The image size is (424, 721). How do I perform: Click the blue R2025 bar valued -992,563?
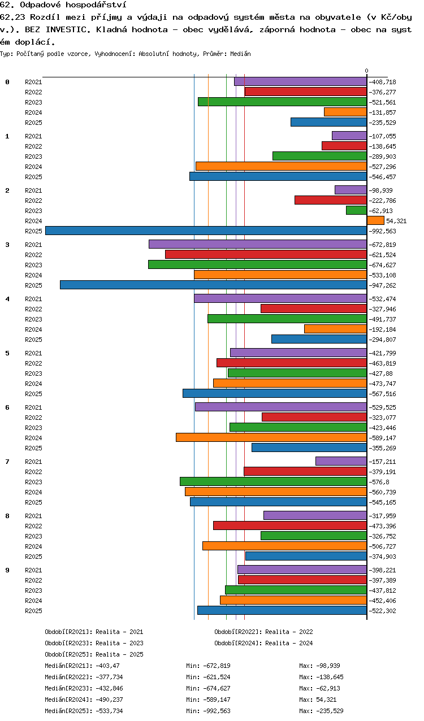[x=206, y=231]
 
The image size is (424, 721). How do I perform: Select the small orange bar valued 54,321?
[x=375, y=220]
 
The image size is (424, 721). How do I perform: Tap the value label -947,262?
[x=382, y=285]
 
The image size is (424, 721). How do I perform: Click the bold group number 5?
[x=7, y=353]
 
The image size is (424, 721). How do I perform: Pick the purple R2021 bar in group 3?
[x=258, y=244]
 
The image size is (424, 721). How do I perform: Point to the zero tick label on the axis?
[x=366, y=71]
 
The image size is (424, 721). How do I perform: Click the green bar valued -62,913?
[x=356, y=210]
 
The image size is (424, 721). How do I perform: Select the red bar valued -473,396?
[x=290, y=525]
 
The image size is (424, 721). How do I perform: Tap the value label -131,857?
[x=382, y=112]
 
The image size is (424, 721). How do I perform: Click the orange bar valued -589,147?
[x=271, y=437]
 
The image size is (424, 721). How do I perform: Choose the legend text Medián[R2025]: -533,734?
[x=84, y=710]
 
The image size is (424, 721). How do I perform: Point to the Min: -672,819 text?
[x=208, y=665]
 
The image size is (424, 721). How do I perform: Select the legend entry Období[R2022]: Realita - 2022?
[x=263, y=632]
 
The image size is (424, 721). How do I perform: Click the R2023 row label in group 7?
[x=33, y=482]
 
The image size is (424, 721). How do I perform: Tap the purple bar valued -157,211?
[x=341, y=461]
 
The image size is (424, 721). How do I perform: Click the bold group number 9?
[x=7, y=570]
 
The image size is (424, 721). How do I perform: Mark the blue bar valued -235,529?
[x=328, y=122]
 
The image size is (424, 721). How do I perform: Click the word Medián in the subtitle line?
[x=240, y=54]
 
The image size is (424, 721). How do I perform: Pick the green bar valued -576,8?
[x=273, y=481]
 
